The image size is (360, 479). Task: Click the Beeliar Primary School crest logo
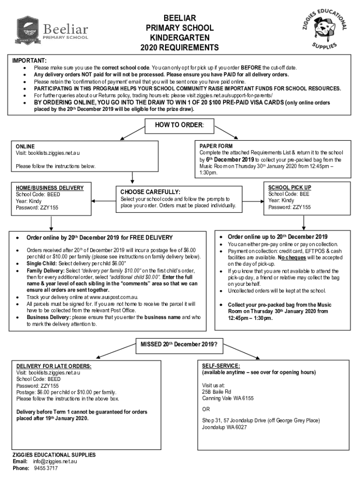29,30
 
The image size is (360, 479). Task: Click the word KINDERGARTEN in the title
180,37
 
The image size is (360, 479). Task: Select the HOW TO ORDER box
180,125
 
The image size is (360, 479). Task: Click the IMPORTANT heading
29,61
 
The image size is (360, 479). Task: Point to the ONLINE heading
25,146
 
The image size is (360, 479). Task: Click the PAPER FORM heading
216,146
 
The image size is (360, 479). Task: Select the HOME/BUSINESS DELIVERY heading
50,188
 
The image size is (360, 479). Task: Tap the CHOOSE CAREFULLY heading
150,192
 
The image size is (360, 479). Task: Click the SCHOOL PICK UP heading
289,188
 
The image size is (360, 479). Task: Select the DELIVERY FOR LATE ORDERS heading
54,366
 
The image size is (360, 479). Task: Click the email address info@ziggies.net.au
55,461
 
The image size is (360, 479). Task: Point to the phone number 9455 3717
45,468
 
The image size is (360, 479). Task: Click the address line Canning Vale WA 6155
228,399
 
